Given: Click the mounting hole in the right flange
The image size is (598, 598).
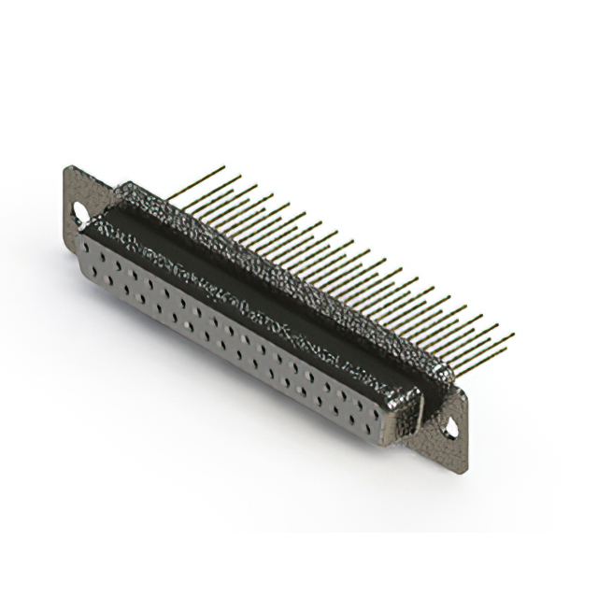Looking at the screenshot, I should pos(451,429).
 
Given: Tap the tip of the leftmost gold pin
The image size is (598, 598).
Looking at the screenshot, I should pos(224,167).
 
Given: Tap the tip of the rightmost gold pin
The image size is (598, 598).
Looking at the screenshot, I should pos(513,335).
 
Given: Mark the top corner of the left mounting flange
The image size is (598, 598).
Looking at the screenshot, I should pos(69,167).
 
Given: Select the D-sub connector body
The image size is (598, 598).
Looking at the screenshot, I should pos(262,308).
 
